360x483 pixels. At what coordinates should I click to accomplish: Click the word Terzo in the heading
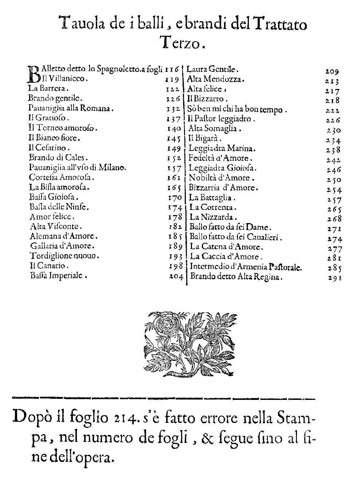(x=181, y=43)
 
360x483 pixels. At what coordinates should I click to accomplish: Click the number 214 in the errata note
(x=122, y=416)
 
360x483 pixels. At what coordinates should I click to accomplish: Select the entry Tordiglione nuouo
(x=64, y=256)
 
